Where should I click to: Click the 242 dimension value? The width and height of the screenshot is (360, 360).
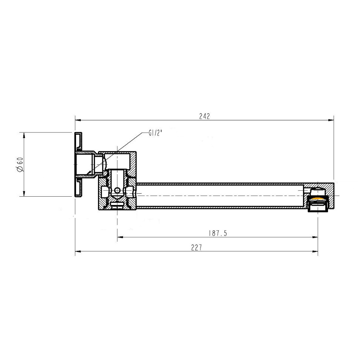[204, 116]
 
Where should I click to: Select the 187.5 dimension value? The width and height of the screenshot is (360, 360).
[218, 233]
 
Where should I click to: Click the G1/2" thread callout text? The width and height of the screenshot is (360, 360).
[156, 133]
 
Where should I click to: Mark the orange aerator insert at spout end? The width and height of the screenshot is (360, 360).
[318, 199]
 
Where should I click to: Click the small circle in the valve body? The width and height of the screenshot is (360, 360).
[117, 190]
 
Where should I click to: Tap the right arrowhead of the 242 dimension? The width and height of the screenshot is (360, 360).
[332, 120]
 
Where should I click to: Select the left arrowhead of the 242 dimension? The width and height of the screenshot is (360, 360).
[77, 120]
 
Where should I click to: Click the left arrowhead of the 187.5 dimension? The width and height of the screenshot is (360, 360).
[120, 237]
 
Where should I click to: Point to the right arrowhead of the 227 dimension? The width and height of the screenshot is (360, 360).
[315, 251]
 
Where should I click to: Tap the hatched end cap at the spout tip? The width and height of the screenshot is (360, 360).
[330, 195]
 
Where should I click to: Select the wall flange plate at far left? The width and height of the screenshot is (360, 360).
[78, 164]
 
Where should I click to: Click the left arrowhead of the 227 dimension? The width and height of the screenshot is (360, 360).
[77, 251]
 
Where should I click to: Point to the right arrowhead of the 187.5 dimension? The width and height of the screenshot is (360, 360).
[315, 237]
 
